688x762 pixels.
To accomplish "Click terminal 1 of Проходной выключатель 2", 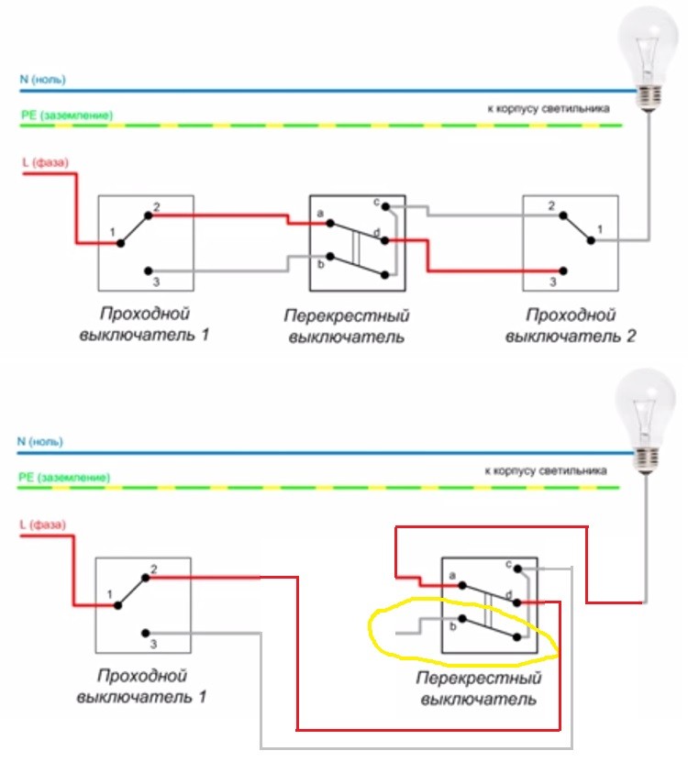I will point(592,240).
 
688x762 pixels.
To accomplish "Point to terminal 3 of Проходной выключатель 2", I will point(564,271).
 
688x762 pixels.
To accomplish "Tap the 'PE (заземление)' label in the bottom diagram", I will point(65,478).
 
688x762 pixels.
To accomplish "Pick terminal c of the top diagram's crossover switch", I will point(386,206).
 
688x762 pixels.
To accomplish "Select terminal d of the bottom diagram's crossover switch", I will point(518,602).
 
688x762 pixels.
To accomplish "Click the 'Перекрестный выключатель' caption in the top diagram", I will point(347,326).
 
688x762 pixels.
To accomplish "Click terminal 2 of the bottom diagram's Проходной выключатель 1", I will point(144,578).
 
